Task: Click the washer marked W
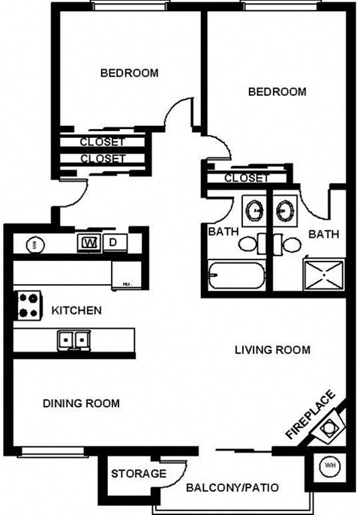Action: coord(90,243)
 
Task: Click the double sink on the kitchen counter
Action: coord(73,340)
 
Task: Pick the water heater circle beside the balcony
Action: coord(328,466)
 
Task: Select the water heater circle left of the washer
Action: coord(32,244)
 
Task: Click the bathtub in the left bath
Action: coord(237,277)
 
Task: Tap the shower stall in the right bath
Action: coord(324,274)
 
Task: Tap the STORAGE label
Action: coord(139,474)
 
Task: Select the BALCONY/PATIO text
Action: coord(232,488)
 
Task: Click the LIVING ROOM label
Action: coord(272,350)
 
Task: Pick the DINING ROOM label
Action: coord(81,403)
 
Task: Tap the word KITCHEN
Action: coord(76,310)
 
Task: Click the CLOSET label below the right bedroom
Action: coord(246,178)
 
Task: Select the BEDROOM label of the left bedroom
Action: coord(129,73)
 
